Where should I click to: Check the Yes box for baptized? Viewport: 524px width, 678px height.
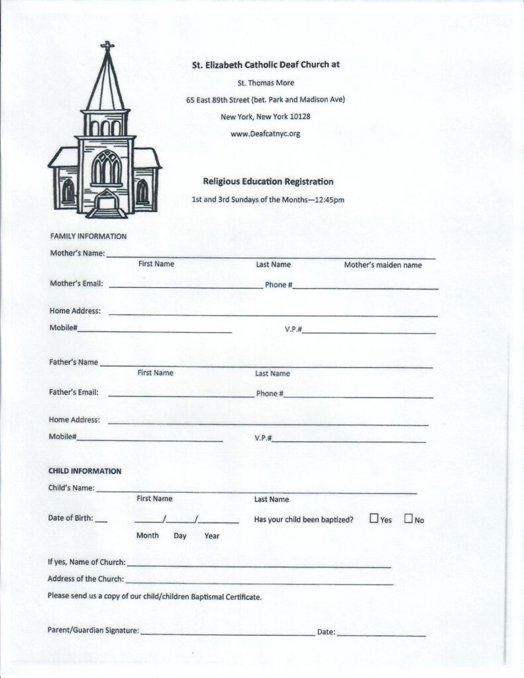pyautogui.click(x=374, y=518)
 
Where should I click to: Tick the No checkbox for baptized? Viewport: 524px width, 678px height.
pyautogui.click(x=408, y=518)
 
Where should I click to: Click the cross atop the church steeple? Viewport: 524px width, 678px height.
pyautogui.click(x=107, y=47)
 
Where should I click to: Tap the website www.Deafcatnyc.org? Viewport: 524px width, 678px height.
pyautogui.click(x=265, y=134)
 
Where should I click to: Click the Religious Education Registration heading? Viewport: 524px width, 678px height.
pyautogui.click(x=268, y=181)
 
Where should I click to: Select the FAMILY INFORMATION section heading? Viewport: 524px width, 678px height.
pyautogui.click(x=88, y=236)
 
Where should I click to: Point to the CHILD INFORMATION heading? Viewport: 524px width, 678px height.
pyautogui.click(x=85, y=471)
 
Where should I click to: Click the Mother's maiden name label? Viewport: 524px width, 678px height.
pyautogui.click(x=383, y=265)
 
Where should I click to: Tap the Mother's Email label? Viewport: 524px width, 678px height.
pyautogui.click(x=76, y=284)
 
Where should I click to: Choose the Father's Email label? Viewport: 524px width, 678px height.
pyautogui.click(x=74, y=392)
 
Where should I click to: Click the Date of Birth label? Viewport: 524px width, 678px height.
pyautogui.click(x=70, y=518)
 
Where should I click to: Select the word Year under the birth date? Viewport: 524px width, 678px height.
pyautogui.click(x=212, y=536)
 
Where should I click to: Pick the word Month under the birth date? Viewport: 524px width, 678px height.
pyautogui.click(x=148, y=535)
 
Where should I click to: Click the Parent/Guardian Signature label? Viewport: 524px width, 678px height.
pyautogui.click(x=93, y=631)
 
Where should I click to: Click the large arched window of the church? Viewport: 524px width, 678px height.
pyautogui.click(x=106, y=168)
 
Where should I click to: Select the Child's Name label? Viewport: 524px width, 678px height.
pyautogui.click(x=71, y=489)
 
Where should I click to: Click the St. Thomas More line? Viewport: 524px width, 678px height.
pyautogui.click(x=266, y=83)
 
